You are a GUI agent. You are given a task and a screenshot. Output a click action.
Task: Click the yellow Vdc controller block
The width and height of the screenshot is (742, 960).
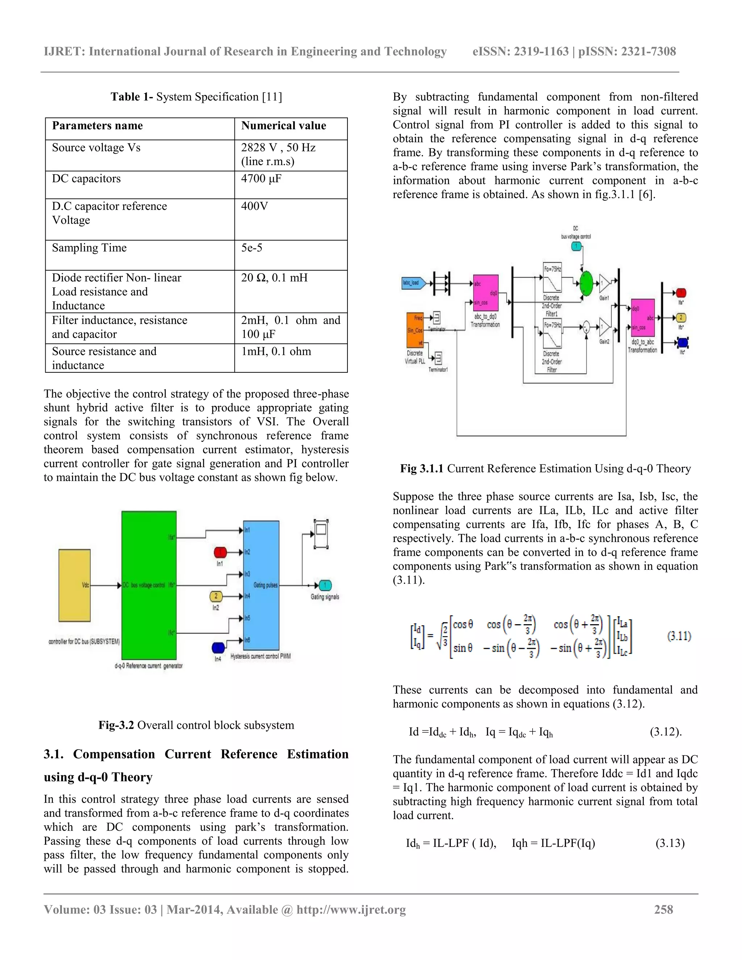(74, 585)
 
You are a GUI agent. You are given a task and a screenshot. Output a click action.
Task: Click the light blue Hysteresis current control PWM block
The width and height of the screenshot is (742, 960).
(261, 585)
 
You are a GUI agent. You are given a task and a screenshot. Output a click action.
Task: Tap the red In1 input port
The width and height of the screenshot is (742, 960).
(220, 552)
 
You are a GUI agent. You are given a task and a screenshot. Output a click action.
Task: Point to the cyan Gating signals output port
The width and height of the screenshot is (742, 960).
(325, 585)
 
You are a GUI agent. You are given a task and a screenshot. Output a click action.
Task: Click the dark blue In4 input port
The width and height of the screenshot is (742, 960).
(218, 647)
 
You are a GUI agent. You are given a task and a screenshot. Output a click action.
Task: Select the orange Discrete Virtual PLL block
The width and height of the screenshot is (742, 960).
(415, 330)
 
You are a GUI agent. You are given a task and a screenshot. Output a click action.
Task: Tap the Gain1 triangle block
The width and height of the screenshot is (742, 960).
(605, 284)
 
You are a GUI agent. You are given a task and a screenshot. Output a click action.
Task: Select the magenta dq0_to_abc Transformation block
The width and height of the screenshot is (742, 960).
(643, 318)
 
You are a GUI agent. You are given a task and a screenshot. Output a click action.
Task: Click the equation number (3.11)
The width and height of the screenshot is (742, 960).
(679, 636)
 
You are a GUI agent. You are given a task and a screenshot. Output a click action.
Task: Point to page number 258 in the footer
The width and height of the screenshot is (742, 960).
(663, 909)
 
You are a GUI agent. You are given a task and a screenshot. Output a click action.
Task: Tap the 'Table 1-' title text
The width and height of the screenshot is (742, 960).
(132, 97)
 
